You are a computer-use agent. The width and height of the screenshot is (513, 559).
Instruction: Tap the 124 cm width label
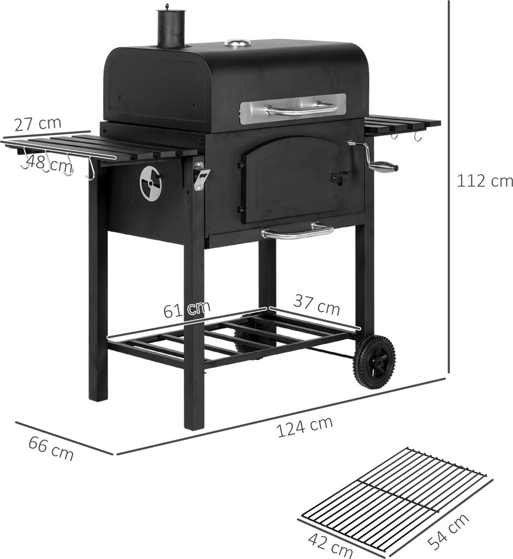coord(304,426)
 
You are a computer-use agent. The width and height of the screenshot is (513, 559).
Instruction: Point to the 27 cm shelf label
coord(38,123)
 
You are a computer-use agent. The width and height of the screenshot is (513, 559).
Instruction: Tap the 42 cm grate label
coord(330,546)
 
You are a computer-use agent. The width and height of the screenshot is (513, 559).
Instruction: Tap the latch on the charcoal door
coord(340,178)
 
